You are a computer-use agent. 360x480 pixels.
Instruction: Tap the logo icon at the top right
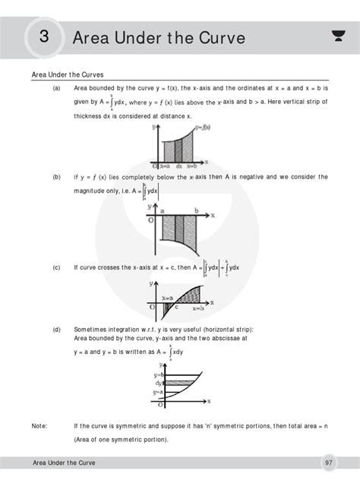(x=337, y=35)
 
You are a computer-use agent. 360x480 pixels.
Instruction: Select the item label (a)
(x=56, y=88)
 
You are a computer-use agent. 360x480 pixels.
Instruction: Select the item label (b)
(x=56, y=176)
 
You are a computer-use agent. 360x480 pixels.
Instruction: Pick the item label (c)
(x=56, y=267)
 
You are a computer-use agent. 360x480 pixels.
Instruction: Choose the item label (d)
(x=56, y=330)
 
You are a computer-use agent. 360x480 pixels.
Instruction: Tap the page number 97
(x=328, y=462)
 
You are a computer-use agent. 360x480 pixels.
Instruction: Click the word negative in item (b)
(x=229, y=177)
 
